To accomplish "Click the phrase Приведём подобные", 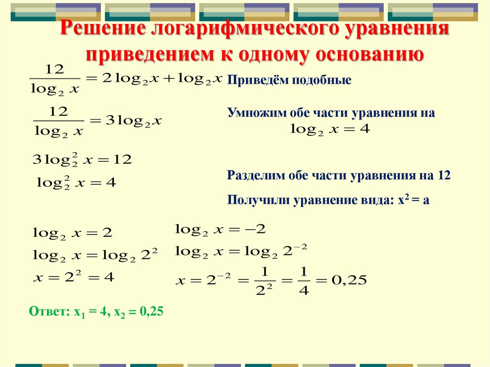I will [289, 80].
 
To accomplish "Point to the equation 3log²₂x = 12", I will [82, 160].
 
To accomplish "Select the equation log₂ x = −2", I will [221, 229].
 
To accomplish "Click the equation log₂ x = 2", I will [72, 234].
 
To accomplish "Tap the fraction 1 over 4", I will [303, 280].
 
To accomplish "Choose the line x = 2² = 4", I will [74, 277].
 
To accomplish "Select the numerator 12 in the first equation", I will [54, 70].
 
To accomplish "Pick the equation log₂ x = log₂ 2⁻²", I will [241, 251].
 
